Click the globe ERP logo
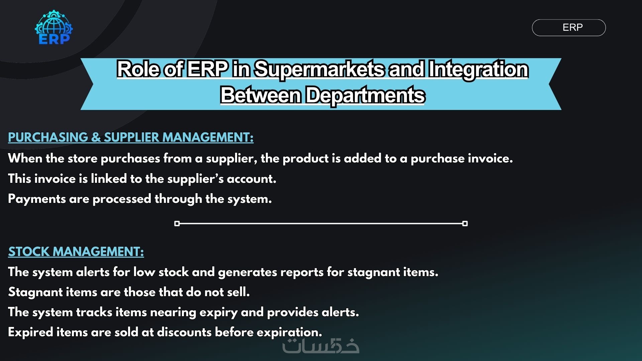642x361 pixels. tap(54, 27)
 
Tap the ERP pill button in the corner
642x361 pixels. tap(569, 27)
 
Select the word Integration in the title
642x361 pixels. tap(478, 70)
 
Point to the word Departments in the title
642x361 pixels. tap(365, 95)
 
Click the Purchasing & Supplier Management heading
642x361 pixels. tap(131, 137)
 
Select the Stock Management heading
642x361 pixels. tap(76, 252)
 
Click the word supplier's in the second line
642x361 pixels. tap(195, 179)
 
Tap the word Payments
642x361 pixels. tap(37, 199)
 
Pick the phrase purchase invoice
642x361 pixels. tap(461, 158)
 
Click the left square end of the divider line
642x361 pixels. tap(177, 223)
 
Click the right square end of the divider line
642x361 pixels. tap(465, 223)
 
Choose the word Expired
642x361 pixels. tap(30, 333)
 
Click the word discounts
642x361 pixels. tap(184, 332)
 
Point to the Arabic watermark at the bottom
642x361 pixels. tap(321, 346)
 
